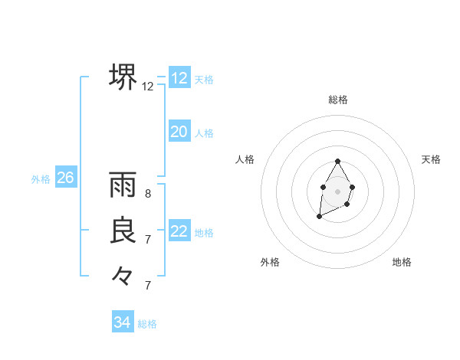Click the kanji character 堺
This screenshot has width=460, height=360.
pos(123,77)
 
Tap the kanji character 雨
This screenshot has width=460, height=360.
pos(123,185)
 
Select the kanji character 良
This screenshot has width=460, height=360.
pos(123,230)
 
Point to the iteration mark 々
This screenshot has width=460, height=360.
pos(123,275)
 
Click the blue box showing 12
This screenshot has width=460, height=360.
pos(179,77)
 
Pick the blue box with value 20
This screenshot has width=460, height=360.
pos(179,131)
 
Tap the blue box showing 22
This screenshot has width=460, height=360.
pos(179,231)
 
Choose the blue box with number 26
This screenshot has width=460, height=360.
pos(65,178)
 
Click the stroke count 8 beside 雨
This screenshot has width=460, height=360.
pos(148,194)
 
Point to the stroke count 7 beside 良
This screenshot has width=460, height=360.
pos(148,239)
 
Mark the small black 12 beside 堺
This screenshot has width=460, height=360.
pos(148,87)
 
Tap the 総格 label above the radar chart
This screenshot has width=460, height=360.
pos(338,100)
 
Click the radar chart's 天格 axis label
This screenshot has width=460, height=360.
pos(432,159)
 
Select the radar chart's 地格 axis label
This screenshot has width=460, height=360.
pos(402,262)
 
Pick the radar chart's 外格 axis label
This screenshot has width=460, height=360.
pos(270,262)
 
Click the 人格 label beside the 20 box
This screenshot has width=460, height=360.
pos(204,133)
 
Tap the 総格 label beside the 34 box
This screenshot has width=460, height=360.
pos(147,324)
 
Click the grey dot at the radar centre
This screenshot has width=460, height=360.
pos(337,190)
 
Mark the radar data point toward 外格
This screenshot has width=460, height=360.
pos(320,217)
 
